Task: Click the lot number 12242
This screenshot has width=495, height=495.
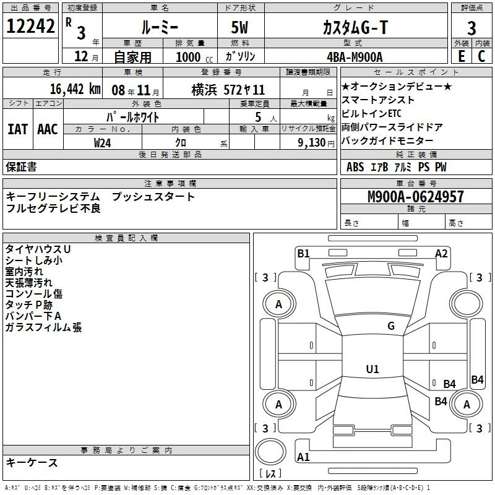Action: (30, 26)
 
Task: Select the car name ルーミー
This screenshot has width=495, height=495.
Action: (160, 27)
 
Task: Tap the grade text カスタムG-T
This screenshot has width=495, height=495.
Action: (355, 27)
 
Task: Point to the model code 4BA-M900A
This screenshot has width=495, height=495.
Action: (355, 57)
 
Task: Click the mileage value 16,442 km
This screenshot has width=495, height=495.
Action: (75, 89)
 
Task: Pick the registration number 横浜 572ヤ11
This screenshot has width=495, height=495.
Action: (228, 90)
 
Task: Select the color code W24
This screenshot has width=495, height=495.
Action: (102, 143)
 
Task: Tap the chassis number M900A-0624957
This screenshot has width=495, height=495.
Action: (416, 197)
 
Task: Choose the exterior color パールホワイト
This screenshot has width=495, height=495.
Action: (133, 117)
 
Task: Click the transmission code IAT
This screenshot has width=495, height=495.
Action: (17, 129)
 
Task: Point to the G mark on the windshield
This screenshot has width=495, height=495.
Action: (391, 325)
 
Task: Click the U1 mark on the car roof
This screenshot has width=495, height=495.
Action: (372, 369)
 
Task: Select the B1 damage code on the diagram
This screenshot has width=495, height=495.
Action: (303, 254)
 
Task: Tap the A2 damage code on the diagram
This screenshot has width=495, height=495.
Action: (441, 254)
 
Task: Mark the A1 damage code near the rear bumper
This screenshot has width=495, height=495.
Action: (303, 457)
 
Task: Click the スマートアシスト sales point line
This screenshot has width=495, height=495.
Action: (377, 100)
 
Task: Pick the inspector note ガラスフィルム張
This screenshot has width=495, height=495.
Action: (43, 327)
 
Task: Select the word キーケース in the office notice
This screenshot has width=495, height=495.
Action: (32, 462)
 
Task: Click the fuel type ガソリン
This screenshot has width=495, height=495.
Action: (240, 56)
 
